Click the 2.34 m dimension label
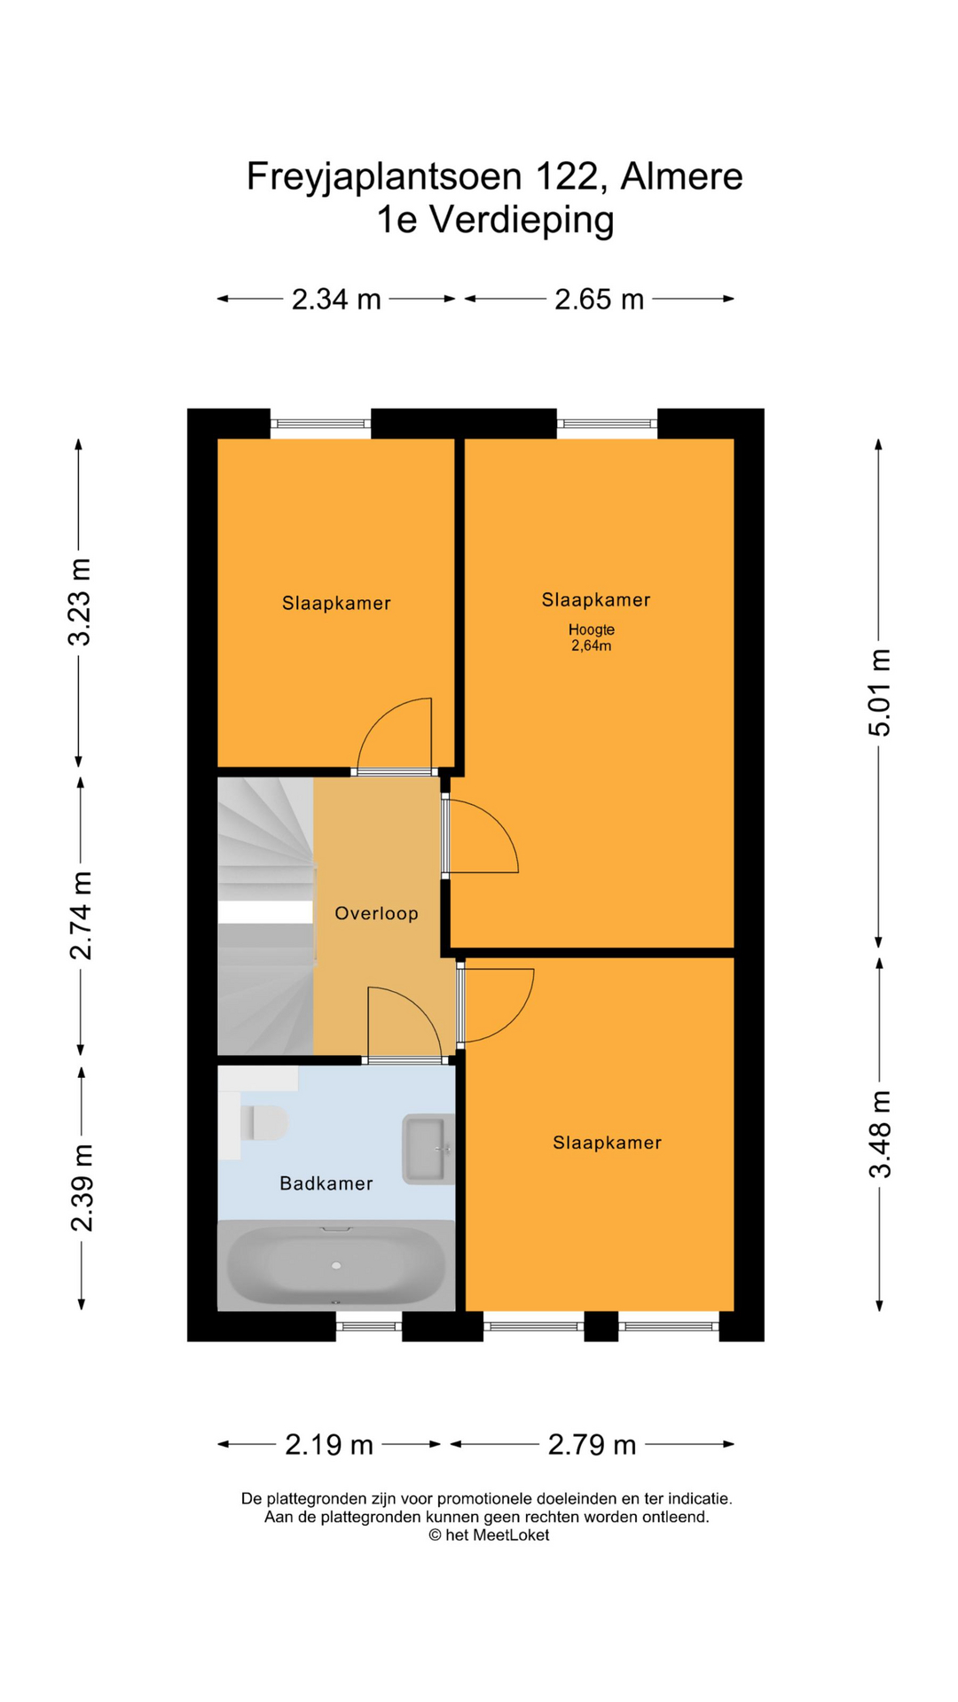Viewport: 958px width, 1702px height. click(336, 300)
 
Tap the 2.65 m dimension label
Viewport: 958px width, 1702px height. click(599, 300)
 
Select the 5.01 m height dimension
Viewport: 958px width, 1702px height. click(879, 692)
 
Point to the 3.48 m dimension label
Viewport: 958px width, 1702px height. click(879, 1135)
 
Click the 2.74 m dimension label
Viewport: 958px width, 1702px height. click(81, 916)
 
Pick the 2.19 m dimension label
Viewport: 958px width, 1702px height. click(329, 1445)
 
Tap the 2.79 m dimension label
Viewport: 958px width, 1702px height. click(592, 1445)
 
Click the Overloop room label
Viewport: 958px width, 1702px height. click(376, 913)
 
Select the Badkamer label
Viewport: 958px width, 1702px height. click(326, 1183)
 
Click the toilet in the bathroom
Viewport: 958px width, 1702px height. click(264, 1123)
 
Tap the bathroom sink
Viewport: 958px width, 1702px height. click(428, 1149)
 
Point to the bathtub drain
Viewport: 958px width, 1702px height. click(336, 1265)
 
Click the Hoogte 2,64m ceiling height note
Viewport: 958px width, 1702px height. click(592, 637)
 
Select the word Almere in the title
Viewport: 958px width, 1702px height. click(681, 176)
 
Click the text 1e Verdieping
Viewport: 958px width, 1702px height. click(495, 220)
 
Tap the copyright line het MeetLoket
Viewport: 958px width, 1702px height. click(489, 1535)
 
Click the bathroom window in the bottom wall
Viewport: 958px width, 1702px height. click(369, 1326)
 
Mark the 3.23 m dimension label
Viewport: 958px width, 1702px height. click(81, 602)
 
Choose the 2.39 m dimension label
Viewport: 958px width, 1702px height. click(81, 1188)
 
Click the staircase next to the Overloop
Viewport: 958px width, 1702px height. click(265, 916)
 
